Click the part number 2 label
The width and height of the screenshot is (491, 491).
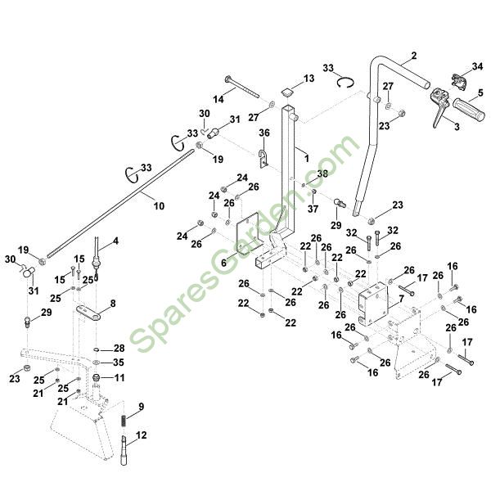(413, 55)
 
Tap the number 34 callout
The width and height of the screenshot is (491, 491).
(478, 66)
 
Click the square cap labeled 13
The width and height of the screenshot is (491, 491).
(288, 90)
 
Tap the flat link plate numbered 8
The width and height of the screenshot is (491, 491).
(91, 314)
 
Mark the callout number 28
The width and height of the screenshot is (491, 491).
(119, 348)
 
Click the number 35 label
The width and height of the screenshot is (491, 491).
(119, 362)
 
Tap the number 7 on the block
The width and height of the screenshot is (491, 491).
(401, 300)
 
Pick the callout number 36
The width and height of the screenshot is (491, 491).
(264, 133)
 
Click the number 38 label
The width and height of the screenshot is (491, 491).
(322, 173)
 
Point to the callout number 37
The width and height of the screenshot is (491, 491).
(313, 209)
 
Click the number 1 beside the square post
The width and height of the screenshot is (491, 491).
(306, 155)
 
